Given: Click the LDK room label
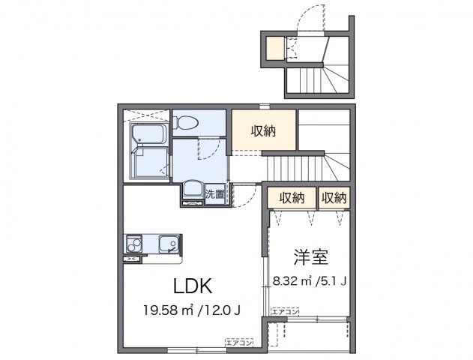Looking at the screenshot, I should click(x=195, y=286).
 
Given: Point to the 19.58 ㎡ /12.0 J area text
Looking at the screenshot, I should click(x=191, y=310).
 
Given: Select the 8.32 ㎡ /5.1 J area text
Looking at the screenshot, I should click(x=309, y=282).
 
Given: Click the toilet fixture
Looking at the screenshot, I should click(x=186, y=122).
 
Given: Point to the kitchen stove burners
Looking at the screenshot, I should click(x=134, y=244).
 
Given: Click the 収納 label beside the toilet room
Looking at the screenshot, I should click(x=263, y=131).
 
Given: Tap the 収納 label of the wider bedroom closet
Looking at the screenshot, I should click(x=292, y=198).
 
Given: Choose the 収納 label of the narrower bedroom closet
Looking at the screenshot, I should click(x=334, y=198).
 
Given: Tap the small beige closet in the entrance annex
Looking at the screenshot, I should click(x=276, y=48).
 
